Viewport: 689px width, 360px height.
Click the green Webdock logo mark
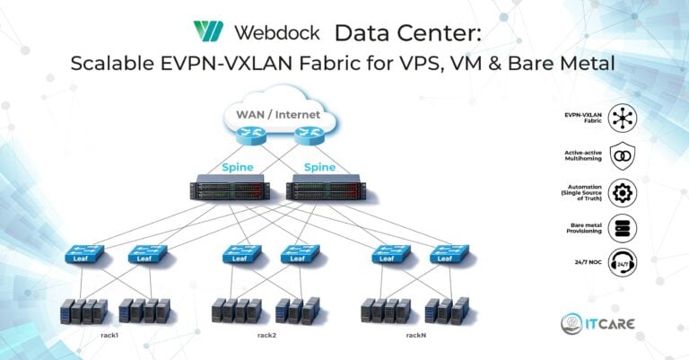(208, 31)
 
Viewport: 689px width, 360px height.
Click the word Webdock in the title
(277, 32)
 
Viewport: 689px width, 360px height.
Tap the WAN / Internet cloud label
(278, 115)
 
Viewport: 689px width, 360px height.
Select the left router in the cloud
(251, 135)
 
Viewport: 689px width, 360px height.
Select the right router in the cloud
(310, 135)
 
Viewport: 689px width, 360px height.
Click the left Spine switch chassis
(230, 188)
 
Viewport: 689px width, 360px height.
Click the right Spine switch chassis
(326, 188)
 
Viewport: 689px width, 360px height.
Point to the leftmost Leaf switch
(84, 254)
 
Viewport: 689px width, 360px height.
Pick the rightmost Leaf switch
(449, 254)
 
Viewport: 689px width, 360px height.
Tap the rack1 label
(109, 335)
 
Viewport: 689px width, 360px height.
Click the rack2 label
(266, 335)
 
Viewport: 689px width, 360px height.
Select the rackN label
(415, 335)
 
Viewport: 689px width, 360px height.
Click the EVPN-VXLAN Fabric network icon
(623, 118)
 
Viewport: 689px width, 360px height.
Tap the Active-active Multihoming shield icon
(623, 155)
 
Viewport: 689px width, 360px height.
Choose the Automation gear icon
(623, 192)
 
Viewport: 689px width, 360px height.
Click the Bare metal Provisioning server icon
(623, 228)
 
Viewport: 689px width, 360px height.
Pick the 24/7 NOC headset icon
(623, 262)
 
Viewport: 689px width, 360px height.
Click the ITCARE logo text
(610, 324)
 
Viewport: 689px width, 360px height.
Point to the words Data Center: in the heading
(408, 33)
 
